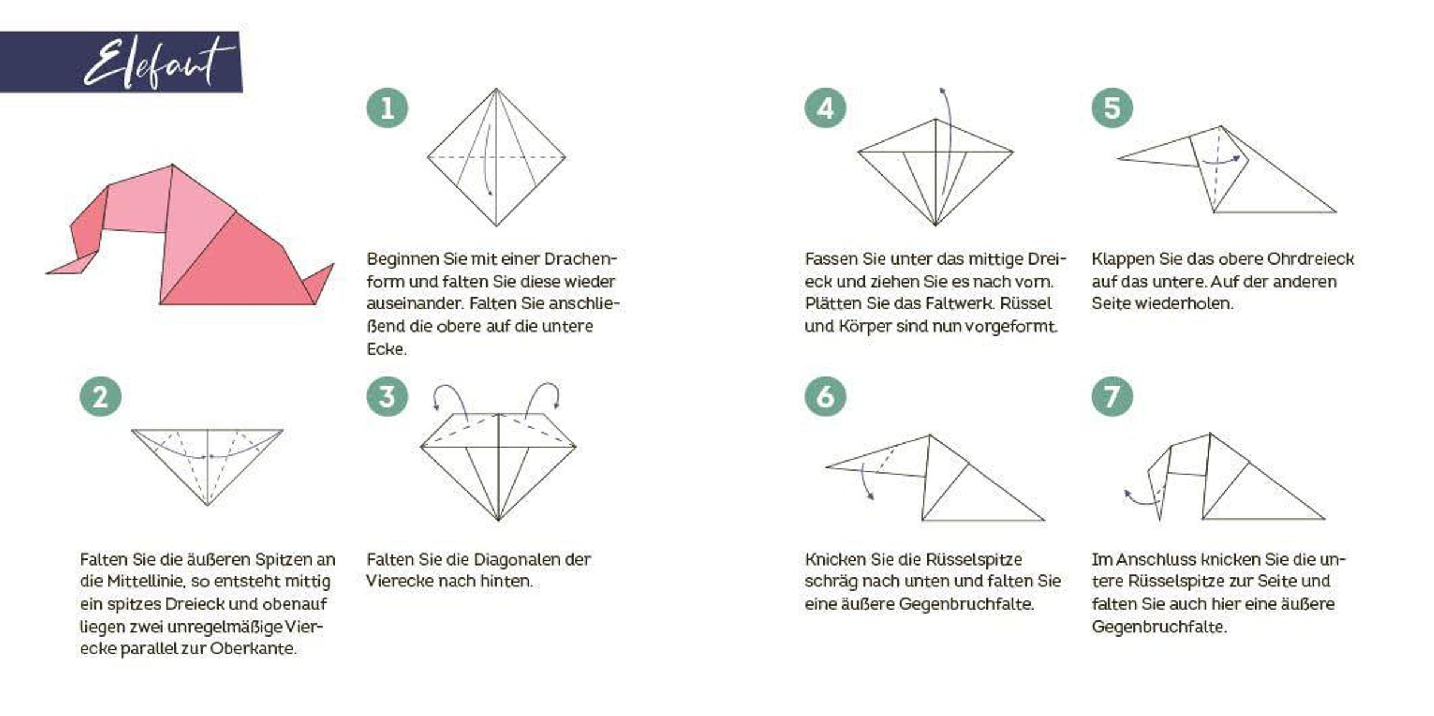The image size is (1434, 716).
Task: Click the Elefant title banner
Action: click(121, 62)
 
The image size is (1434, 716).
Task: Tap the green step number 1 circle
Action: click(387, 108)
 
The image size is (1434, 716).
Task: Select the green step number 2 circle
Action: click(100, 397)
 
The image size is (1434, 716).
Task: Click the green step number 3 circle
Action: click(387, 397)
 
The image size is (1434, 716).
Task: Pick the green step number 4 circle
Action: click(825, 108)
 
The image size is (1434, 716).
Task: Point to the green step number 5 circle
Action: click(1112, 108)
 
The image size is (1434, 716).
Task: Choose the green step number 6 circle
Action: click(825, 397)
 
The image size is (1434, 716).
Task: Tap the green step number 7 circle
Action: click(1112, 397)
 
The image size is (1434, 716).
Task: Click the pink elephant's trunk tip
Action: click(48, 273)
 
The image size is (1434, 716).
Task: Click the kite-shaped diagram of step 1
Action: click(496, 158)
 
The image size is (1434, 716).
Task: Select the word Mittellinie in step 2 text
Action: click(150, 581)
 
